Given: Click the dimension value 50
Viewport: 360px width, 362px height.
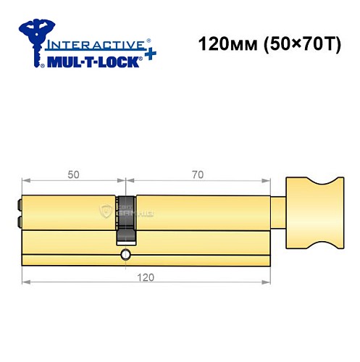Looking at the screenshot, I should [x=74, y=174].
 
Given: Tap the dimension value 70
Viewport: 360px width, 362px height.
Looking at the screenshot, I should [x=198, y=174].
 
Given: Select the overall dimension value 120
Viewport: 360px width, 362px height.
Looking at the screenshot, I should [x=146, y=276].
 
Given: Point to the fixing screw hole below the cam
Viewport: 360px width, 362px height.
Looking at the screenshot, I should [x=126, y=254].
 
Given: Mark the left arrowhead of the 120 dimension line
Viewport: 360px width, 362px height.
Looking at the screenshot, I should [x=25, y=282].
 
